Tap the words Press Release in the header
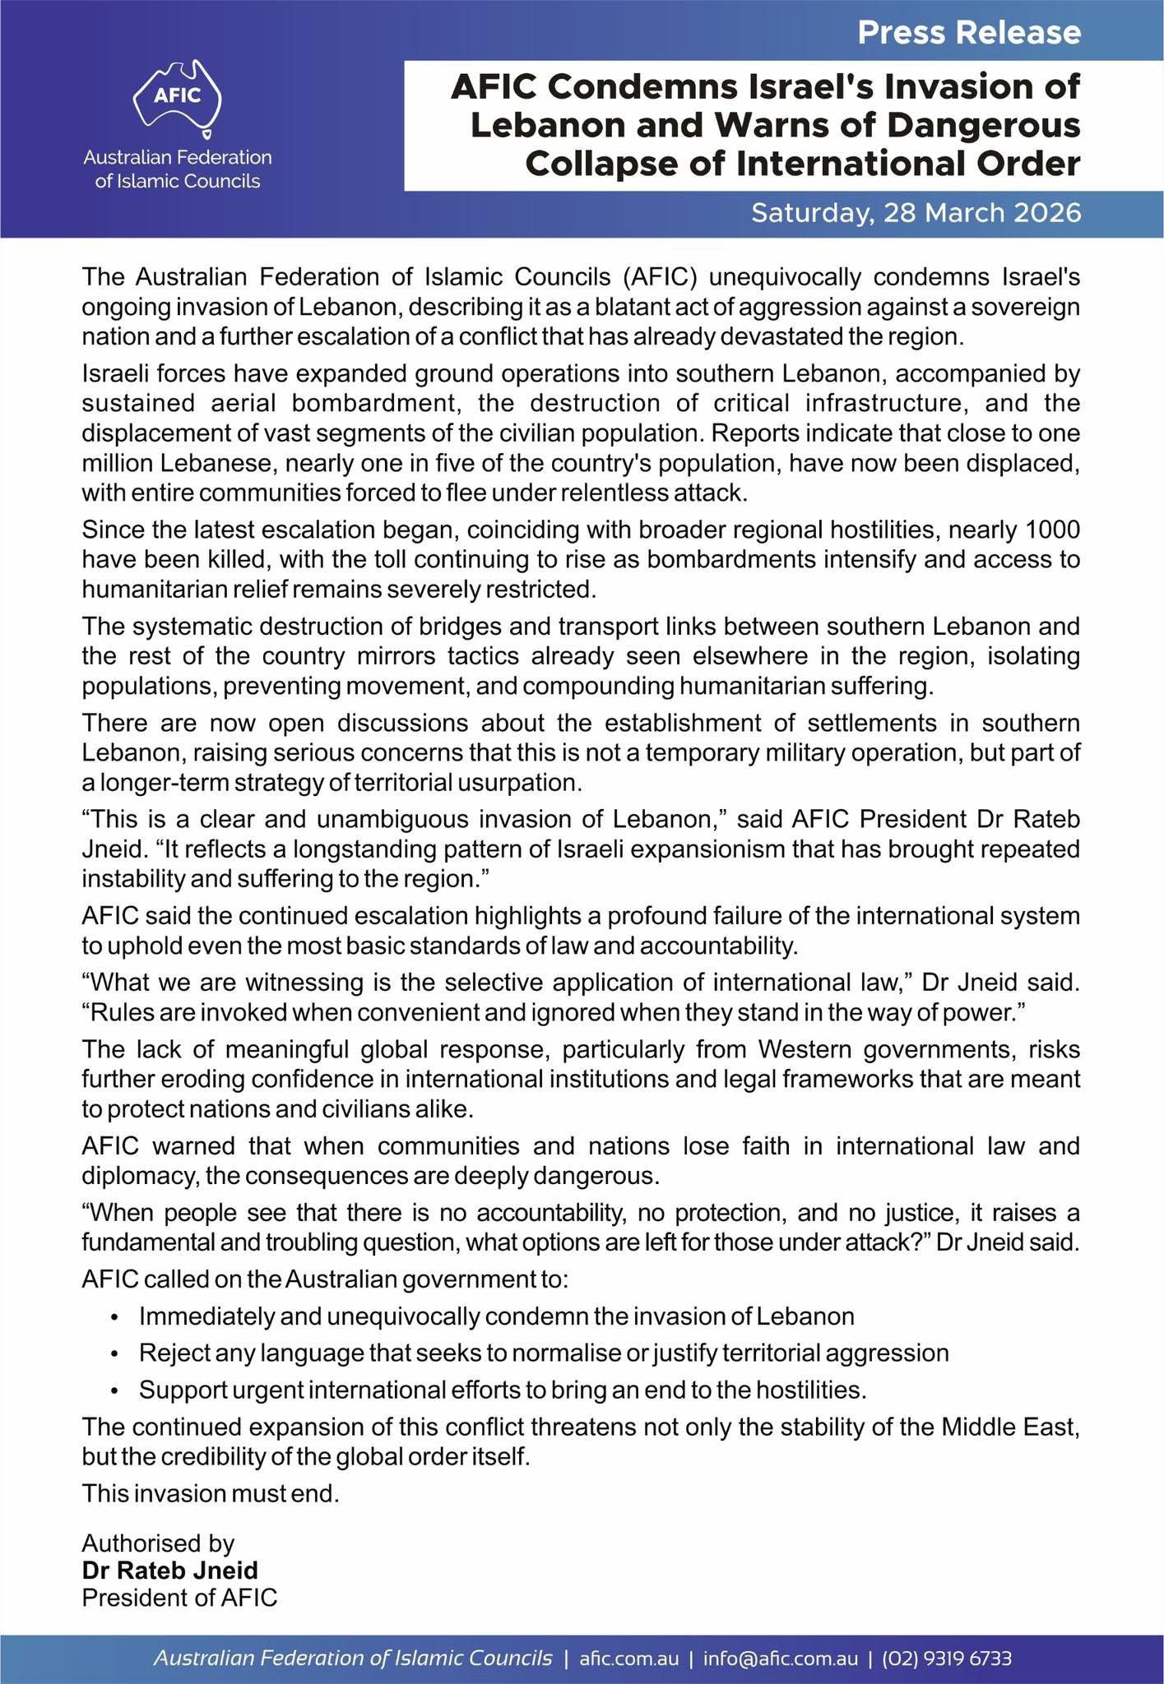tap(968, 32)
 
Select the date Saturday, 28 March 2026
tap(916, 213)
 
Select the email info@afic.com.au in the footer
tap(780, 1659)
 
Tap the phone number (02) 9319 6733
tap(946, 1659)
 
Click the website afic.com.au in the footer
tap(629, 1659)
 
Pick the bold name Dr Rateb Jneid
tap(169, 1571)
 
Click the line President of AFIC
tap(179, 1598)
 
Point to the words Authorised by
tap(158, 1543)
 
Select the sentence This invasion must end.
tap(211, 1493)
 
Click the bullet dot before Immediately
tap(115, 1318)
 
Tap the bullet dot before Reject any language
tap(115, 1354)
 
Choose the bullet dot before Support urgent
tap(115, 1391)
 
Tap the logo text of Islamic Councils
tap(178, 182)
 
